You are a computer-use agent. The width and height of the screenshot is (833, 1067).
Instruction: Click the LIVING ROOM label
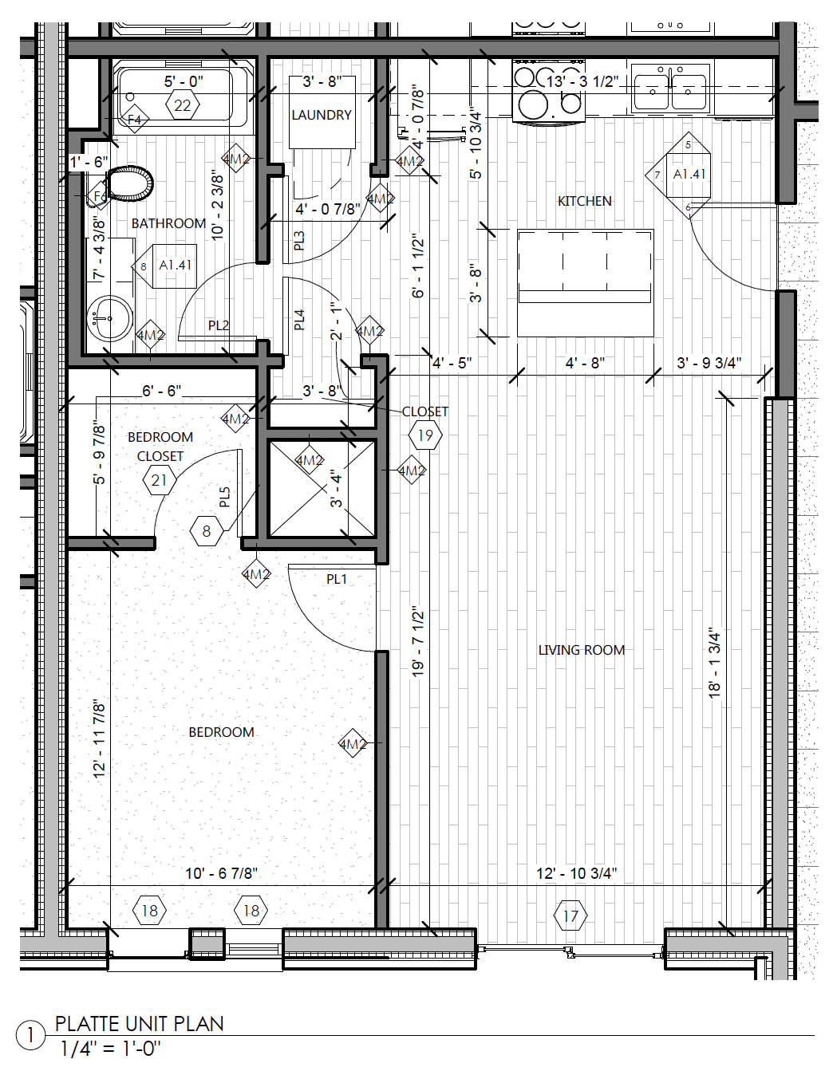tap(581, 650)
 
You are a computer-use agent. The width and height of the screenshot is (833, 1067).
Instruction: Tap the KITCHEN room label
tap(584, 201)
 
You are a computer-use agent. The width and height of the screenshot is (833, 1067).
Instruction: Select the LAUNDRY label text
tap(321, 115)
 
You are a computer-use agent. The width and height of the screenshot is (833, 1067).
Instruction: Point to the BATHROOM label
tap(168, 223)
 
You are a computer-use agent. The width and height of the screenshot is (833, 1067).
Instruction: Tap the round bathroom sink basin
tap(109, 318)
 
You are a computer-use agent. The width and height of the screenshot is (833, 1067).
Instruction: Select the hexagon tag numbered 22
tap(183, 105)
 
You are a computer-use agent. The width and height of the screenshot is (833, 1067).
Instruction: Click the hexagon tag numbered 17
tap(570, 915)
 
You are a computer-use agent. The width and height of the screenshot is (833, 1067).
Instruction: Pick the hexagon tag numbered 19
tap(425, 435)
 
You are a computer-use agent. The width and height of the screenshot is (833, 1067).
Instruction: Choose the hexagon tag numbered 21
tap(160, 480)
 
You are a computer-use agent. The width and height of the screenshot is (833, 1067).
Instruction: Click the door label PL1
tap(337, 579)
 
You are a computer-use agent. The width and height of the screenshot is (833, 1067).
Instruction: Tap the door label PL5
tap(224, 498)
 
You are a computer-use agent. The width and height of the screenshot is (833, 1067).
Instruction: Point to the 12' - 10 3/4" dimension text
tap(576, 873)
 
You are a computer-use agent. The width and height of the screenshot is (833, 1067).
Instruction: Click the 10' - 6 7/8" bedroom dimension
tap(221, 873)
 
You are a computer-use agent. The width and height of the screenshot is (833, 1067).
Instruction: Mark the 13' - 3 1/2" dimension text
tap(582, 81)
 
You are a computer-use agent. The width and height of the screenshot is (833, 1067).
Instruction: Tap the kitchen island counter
tap(585, 282)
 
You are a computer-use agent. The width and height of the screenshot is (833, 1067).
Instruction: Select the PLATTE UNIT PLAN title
tap(139, 1024)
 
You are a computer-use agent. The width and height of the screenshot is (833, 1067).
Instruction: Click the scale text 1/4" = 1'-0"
tap(110, 1049)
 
